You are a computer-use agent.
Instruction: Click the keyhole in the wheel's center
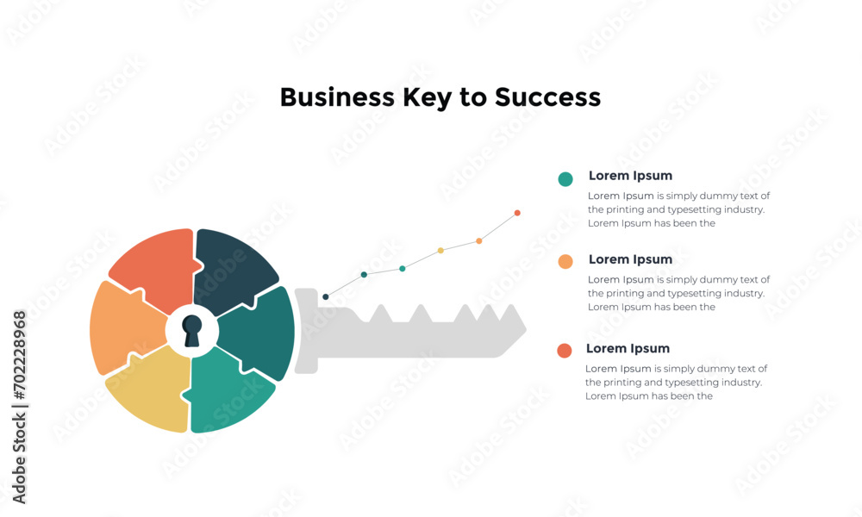tap(191, 331)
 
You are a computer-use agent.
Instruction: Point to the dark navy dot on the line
tap(325, 297)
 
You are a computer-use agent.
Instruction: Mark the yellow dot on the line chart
tap(440, 251)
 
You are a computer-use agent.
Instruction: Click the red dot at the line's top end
tap(517, 213)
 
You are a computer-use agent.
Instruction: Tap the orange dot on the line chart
tap(479, 241)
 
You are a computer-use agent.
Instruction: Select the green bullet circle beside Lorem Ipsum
tap(565, 179)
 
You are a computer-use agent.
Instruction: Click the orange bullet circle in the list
tap(565, 262)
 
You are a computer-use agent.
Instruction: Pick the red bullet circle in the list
tap(565, 350)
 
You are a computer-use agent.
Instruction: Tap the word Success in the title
tap(547, 97)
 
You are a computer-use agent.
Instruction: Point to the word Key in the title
tap(426, 97)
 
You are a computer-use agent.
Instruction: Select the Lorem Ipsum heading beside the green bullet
tap(630, 176)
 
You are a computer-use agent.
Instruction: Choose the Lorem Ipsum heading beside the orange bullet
tap(630, 259)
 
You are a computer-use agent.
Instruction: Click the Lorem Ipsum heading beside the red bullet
tap(628, 349)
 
